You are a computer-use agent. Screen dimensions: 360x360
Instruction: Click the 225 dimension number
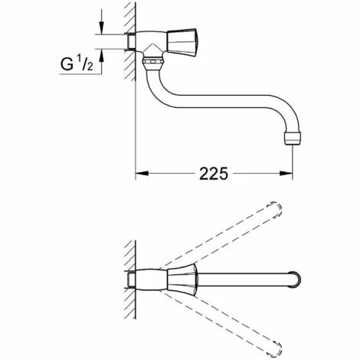213,174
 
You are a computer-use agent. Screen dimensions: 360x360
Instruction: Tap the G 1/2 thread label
77,64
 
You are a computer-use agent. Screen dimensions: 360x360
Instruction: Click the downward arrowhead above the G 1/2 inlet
102,28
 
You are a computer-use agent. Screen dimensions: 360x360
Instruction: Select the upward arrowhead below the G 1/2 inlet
102,55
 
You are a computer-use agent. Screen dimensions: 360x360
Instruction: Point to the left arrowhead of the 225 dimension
142,173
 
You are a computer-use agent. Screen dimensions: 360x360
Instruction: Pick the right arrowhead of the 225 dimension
286,173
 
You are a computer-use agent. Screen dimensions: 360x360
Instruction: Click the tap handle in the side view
182,41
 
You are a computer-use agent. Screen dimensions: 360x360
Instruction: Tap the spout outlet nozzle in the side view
293,139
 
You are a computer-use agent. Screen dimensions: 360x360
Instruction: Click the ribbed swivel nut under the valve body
152,61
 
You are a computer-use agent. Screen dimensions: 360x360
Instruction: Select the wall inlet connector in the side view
131,41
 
